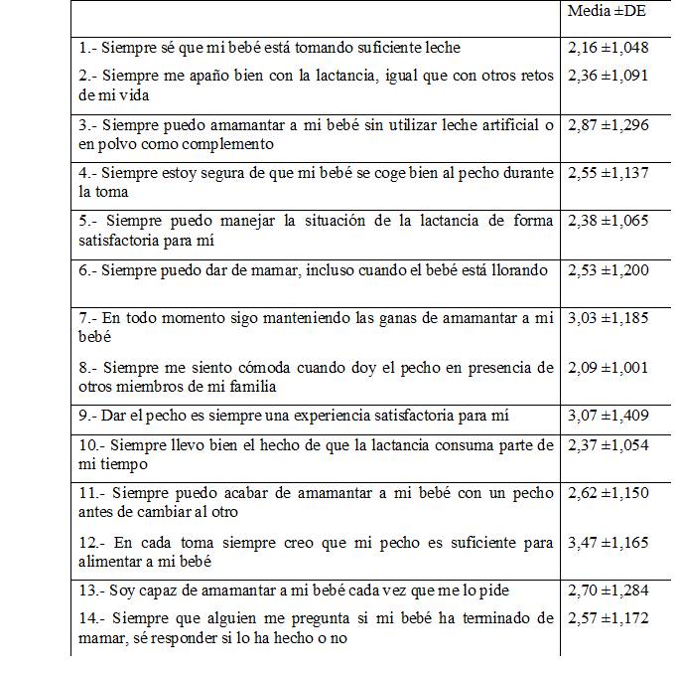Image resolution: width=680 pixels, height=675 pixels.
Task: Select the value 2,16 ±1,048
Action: click(608, 47)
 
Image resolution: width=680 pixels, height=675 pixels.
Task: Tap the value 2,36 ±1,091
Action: click(608, 75)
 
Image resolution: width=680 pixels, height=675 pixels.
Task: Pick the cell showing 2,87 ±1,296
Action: click(608, 125)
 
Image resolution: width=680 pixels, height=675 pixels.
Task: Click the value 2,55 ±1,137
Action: click(608, 172)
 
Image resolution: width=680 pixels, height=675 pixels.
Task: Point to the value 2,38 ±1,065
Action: click(608, 220)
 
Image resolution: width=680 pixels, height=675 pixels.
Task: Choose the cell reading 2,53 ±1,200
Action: click(608, 269)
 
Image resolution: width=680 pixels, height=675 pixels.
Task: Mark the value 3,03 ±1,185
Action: click(608, 318)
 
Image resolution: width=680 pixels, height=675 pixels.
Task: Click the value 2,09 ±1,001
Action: click(608, 367)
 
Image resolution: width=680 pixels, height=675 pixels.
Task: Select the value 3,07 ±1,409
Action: click(608, 416)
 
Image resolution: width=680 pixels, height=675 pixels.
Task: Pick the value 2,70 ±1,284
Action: click(608, 591)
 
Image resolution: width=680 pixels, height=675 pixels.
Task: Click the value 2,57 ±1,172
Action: click(608, 618)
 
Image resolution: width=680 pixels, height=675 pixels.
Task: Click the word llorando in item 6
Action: click(516, 270)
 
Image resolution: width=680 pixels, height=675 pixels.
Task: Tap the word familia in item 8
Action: click(251, 387)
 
